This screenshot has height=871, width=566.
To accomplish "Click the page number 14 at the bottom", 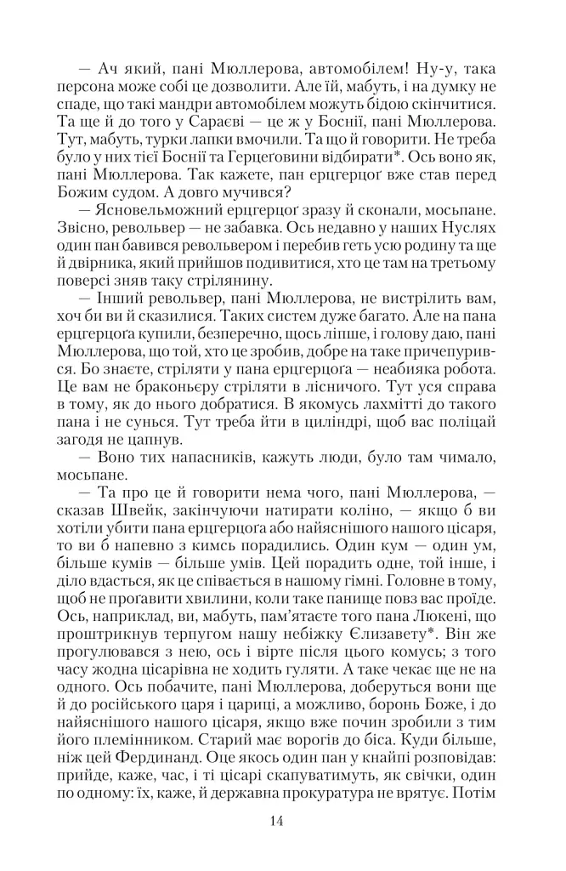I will tap(276, 820).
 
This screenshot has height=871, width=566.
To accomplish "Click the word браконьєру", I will tap(193, 384).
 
